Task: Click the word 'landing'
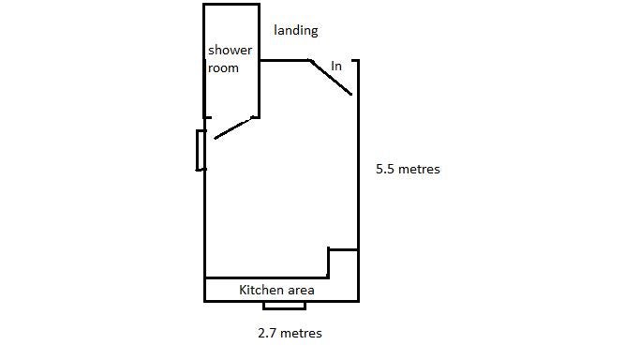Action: pyautogui.click(x=295, y=30)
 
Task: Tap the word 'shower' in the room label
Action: pyautogui.click(x=230, y=51)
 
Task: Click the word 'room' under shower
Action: pyautogui.click(x=223, y=67)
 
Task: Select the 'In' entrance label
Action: pyautogui.click(x=336, y=67)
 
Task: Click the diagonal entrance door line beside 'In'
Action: pyautogui.click(x=332, y=78)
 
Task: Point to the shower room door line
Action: pyautogui.click(x=234, y=128)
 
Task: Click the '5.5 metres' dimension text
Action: pyautogui.click(x=407, y=170)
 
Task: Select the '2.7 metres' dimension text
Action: pyautogui.click(x=290, y=333)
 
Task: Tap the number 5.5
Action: pyautogui.click(x=385, y=170)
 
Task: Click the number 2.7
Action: pyautogui.click(x=267, y=333)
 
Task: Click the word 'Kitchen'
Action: pyautogui.click(x=261, y=290)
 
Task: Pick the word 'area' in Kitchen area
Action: pyautogui.click(x=300, y=291)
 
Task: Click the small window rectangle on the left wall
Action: pyautogui.click(x=201, y=150)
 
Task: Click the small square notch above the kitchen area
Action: pyautogui.click(x=343, y=262)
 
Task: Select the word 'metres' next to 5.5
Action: pyautogui.click(x=418, y=170)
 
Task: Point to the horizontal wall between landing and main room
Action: pyautogui.click(x=284, y=60)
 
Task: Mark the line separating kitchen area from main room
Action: pyautogui.click(x=266, y=277)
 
